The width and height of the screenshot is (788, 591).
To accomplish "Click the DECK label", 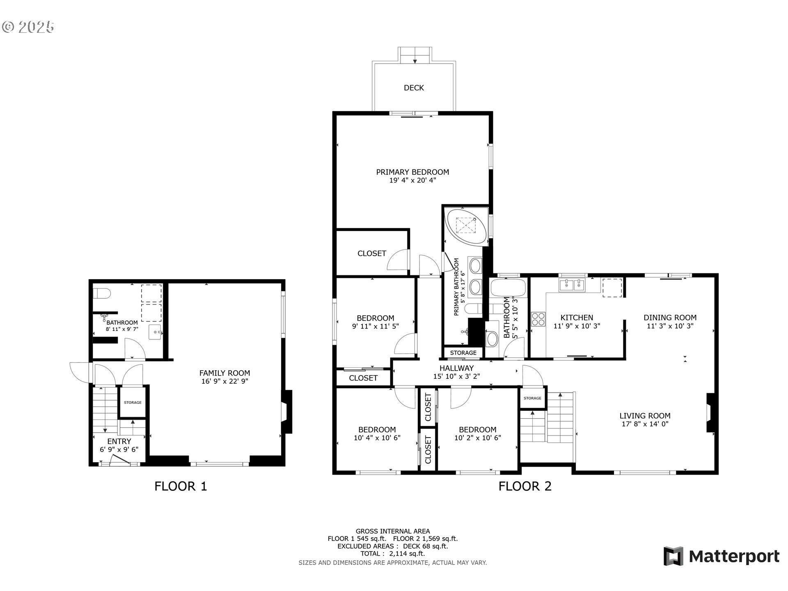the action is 414,88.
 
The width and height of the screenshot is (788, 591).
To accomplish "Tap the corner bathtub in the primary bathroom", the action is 467,227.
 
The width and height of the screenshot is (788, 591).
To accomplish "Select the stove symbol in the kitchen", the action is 538,319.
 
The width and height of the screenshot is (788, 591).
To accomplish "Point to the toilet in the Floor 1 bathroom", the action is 102,294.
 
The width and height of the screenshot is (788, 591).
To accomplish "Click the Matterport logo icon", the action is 673,556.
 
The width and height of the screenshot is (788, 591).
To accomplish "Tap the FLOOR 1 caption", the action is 181,486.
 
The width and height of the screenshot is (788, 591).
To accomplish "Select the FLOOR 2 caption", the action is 525,486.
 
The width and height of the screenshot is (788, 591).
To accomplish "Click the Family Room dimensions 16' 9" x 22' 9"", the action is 224,381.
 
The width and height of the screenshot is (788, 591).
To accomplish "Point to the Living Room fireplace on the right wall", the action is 710,413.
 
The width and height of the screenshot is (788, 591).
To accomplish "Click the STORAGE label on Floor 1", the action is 133,403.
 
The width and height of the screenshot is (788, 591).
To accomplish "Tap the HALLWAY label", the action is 456,368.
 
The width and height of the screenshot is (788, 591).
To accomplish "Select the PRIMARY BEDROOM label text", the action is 412,172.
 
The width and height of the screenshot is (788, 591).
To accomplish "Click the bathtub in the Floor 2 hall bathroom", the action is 508,288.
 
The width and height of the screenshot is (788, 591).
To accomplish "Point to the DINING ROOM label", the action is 670,317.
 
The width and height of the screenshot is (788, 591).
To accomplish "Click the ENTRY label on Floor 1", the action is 119,441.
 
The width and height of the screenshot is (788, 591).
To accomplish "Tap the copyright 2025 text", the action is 28,27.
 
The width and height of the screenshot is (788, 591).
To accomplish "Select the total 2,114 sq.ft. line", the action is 393,554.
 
